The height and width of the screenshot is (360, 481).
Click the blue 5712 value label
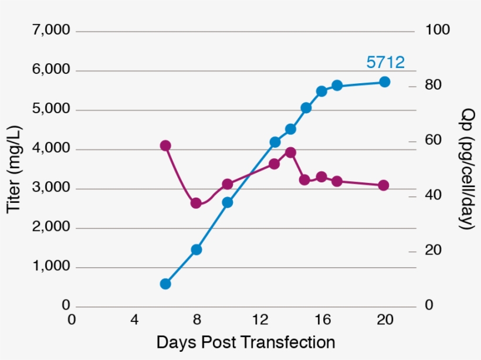coord(385,62)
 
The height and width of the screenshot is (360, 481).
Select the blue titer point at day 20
coord(385,82)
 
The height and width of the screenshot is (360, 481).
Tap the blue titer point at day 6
coord(165,284)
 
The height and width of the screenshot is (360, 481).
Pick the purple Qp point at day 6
coord(165,145)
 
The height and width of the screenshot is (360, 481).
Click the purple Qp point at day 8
coord(196,203)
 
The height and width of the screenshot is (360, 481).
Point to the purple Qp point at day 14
coord(290,152)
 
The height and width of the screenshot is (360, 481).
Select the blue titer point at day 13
coord(275,142)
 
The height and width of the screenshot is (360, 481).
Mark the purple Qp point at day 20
coord(384,185)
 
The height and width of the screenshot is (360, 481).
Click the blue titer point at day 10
coord(228,202)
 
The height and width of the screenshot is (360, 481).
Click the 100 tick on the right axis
coord(437,30)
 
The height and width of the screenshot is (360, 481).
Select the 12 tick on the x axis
coord(259,320)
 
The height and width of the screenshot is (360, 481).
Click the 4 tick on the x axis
coord(134,320)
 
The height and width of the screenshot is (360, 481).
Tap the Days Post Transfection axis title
coord(246,342)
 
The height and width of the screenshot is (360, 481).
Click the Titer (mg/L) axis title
coord(14,169)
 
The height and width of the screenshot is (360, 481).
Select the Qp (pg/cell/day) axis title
coord(466,168)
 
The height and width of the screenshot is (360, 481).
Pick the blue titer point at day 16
coord(321,91)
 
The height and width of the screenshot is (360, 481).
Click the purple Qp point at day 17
coord(337,181)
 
